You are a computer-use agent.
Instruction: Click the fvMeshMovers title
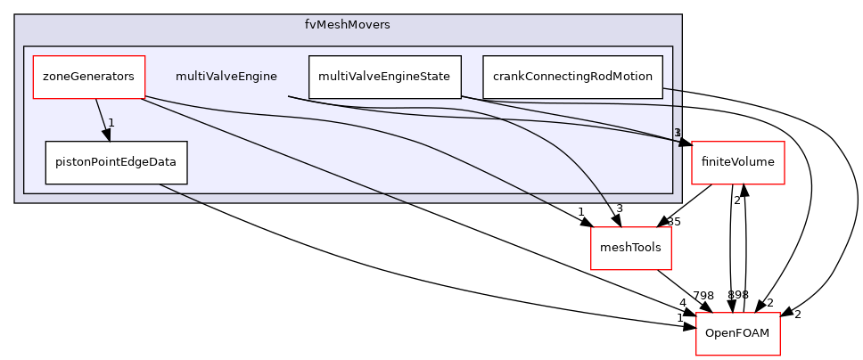[x=348, y=24]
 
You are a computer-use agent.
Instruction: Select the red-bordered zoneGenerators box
[x=88, y=77]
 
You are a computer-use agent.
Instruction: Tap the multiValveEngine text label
[x=226, y=77]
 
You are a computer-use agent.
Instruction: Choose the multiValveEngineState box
[x=384, y=77]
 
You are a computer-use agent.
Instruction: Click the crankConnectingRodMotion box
[x=572, y=77]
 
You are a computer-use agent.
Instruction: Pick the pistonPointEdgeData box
[x=116, y=162]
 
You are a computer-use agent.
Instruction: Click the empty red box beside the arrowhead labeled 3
[x=737, y=163]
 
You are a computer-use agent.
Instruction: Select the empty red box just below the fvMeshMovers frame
[x=630, y=248]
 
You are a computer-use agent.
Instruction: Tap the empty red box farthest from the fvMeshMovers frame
[x=737, y=333]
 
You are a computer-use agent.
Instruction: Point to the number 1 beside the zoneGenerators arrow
[x=111, y=123]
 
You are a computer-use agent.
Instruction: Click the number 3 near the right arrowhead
[x=678, y=133]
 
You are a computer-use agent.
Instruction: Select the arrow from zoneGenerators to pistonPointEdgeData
[x=101, y=116]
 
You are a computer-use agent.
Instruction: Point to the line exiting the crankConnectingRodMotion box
[x=672, y=90]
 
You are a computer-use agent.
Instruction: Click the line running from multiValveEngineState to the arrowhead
[x=571, y=119]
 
